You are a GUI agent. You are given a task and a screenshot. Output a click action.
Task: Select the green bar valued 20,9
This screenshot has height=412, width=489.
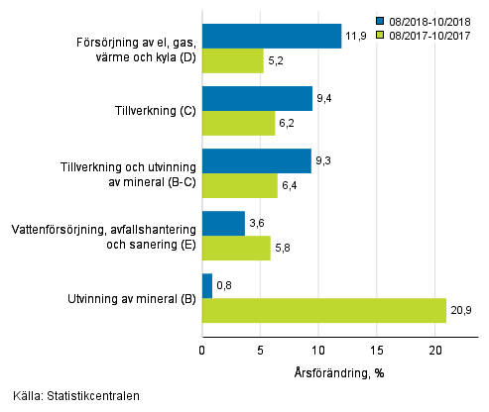point(324,311)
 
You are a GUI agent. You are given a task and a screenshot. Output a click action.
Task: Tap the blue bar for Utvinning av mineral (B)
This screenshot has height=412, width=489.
point(207,286)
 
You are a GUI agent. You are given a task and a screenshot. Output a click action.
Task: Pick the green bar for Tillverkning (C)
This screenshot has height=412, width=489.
point(238,123)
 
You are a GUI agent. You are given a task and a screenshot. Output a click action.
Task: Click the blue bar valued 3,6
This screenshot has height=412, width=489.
point(223,224)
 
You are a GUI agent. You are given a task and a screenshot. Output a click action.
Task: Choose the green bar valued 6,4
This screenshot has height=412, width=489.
point(239,185)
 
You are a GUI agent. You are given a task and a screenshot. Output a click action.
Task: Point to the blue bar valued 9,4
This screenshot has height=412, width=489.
point(257,98)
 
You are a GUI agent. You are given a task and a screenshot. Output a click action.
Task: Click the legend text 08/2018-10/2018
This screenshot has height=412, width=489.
point(433,20)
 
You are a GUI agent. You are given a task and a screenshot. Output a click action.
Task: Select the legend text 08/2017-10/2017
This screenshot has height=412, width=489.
point(433,34)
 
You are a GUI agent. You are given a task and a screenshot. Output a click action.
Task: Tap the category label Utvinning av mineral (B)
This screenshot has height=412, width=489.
point(131,298)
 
